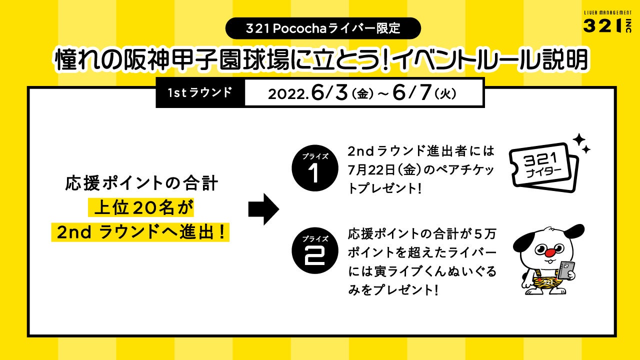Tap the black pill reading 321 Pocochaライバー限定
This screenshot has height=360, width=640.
(323, 28)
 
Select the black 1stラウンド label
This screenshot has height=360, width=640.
(200, 93)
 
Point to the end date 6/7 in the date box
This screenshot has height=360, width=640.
(409, 93)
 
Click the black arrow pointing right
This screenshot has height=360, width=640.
(263, 209)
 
